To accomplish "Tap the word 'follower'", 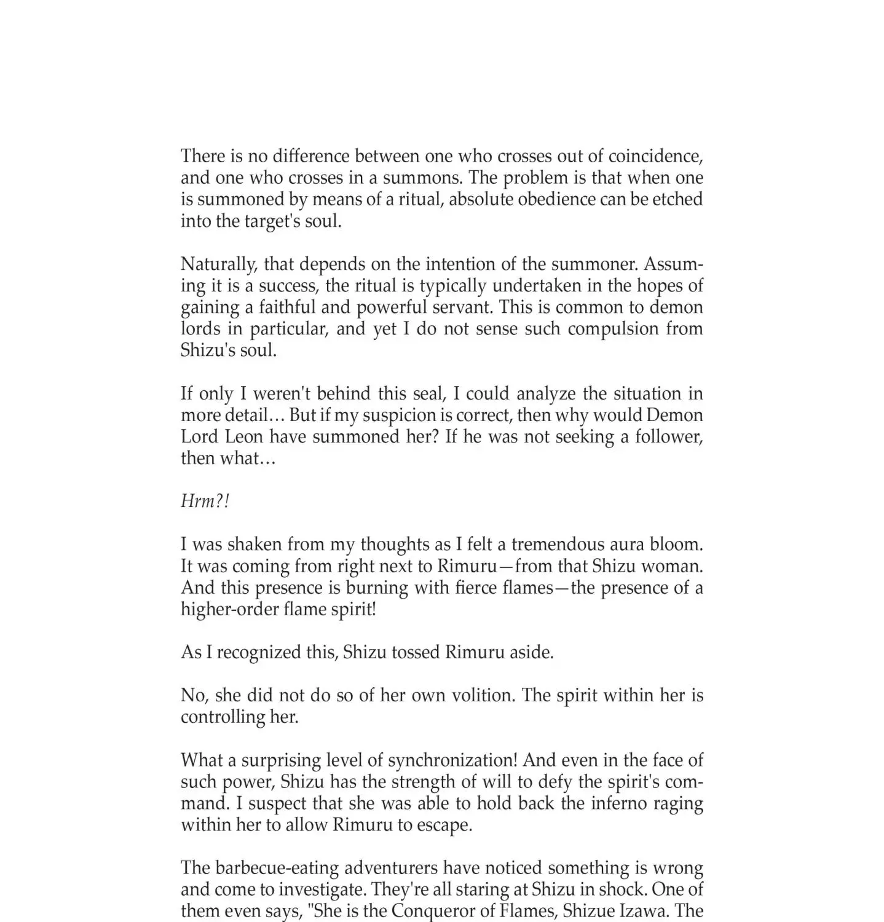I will coord(666,437).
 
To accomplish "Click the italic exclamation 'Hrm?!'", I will coord(205,502).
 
